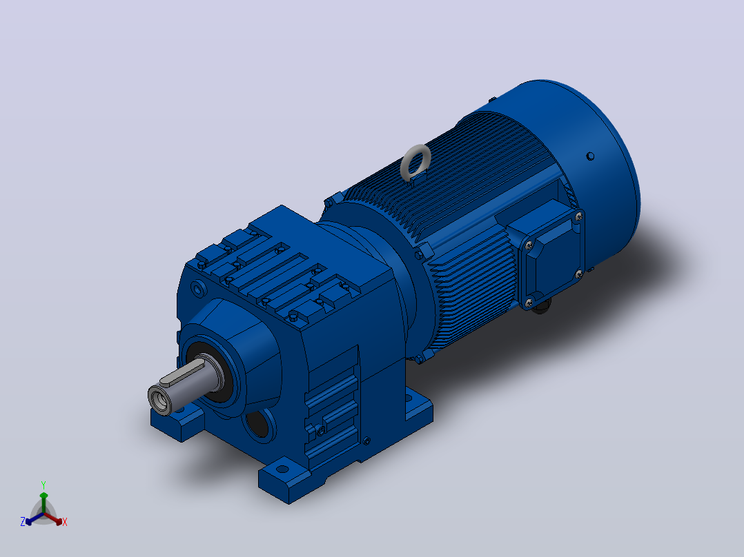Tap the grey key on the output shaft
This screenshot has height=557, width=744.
point(182,371)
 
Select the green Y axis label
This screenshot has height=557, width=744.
point(43,485)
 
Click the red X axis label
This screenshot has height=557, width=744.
point(65,522)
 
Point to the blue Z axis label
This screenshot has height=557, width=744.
point(23,522)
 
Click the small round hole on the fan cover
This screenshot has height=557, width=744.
point(590,156)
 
